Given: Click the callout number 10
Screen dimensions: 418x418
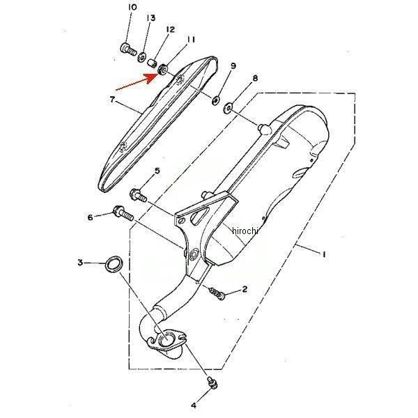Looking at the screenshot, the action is [x=132, y=7].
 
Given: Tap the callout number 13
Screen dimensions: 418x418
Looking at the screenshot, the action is [x=150, y=18].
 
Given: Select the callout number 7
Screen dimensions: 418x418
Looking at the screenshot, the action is [x=112, y=100].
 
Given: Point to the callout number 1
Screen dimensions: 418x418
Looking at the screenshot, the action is [x=324, y=254].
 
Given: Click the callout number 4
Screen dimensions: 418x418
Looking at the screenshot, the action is [x=194, y=405].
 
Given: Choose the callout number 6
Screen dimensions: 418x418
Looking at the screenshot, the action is [x=91, y=217].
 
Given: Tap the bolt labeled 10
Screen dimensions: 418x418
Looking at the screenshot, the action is [x=127, y=49].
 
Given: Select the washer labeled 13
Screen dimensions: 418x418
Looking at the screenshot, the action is [x=141, y=57].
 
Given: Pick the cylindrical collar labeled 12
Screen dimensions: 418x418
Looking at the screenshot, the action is [x=153, y=64].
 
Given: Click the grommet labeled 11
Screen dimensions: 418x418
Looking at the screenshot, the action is [x=162, y=70].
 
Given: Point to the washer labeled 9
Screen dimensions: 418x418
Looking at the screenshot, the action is [x=215, y=100].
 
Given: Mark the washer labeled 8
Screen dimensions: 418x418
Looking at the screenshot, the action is [x=227, y=108].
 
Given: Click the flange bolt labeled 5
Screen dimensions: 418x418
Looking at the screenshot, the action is [x=139, y=195].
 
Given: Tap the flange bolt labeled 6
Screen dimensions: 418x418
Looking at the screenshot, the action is [x=123, y=212].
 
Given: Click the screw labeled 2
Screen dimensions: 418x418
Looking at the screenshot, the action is [x=217, y=293].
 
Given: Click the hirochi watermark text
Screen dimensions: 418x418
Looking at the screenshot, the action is [x=245, y=231].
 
